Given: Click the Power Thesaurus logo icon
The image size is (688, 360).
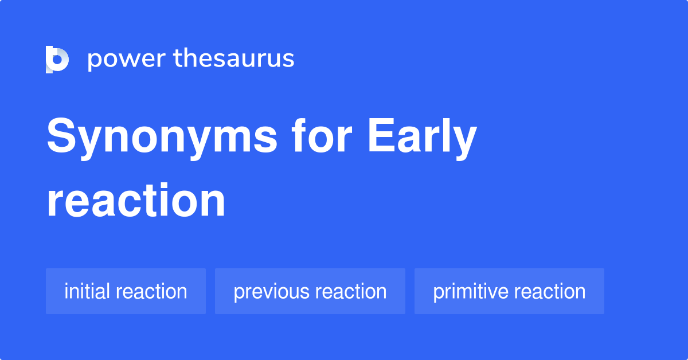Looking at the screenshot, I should pyautogui.click(x=57, y=59).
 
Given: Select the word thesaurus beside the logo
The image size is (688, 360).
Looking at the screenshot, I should pyautogui.click(x=234, y=59).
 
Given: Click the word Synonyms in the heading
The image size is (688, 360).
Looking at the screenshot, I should pyautogui.click(x=162, y=139).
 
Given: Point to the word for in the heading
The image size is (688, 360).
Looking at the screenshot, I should pyautogui.click(x=322, y=138).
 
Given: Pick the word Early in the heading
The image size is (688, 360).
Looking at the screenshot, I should pyautogui.click(x=422, y=139).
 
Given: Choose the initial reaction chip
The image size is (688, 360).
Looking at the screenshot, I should pyautogui.click(x=126, y=291).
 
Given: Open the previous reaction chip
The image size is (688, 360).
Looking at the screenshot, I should pyautogui.click(x=310, y=291).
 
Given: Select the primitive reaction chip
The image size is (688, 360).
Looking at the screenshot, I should pyautogui.click(x=509, y=291).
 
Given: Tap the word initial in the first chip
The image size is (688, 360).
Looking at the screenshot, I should pyautogui.click(x=87, y=291).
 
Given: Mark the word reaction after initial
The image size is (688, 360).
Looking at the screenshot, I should pyautogui.click(x=151, y=291).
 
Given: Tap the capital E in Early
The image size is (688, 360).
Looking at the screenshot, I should pyautogui.click(x=380, y=138).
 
